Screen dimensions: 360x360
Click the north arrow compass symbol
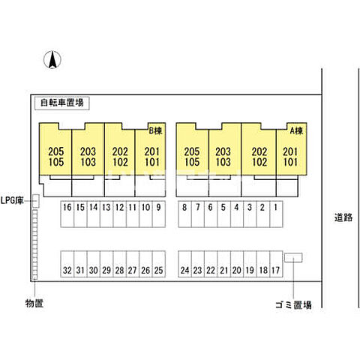52,60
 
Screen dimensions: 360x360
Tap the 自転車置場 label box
61,103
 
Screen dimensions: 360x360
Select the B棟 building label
155,130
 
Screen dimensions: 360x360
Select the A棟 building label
296,130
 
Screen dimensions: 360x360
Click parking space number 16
67,214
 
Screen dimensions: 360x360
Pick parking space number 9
159,214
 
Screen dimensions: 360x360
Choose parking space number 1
276,214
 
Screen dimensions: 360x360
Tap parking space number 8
184,214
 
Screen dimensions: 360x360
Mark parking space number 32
67,264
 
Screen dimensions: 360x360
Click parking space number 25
159,264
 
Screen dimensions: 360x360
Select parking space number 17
276,264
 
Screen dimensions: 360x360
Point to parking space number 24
184,264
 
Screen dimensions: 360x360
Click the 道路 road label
343,217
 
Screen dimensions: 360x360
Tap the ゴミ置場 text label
293,304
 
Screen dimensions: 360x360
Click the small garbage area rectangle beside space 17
293,257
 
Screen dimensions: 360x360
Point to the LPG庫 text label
12,200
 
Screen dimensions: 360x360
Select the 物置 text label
34,303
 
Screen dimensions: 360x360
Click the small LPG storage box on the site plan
36,201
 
